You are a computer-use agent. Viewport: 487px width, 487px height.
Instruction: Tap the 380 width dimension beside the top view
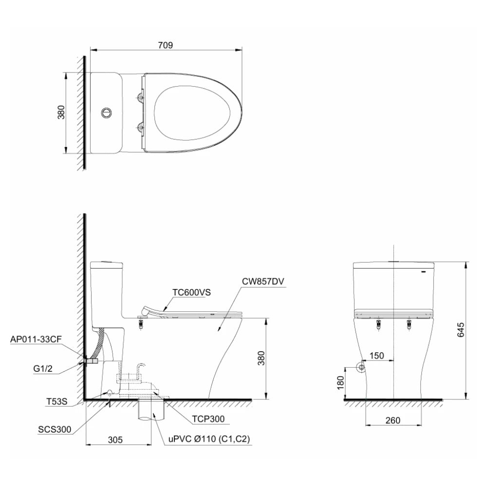point(61,113)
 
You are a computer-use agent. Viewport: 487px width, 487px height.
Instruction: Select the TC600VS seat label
point(191,292)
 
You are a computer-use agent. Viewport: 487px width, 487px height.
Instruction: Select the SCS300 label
point(55,430)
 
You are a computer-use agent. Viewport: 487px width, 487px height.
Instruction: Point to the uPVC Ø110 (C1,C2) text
point(209,439)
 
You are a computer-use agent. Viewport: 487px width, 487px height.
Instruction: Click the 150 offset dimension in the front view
point(376,356)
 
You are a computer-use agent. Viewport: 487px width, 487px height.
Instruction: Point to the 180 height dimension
point(340,382)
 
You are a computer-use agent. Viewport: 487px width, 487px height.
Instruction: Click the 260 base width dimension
point(392,421)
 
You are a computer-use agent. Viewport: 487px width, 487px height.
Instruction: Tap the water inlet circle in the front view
point(361,367)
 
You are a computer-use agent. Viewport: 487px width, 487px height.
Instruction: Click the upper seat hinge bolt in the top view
point(141,96)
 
